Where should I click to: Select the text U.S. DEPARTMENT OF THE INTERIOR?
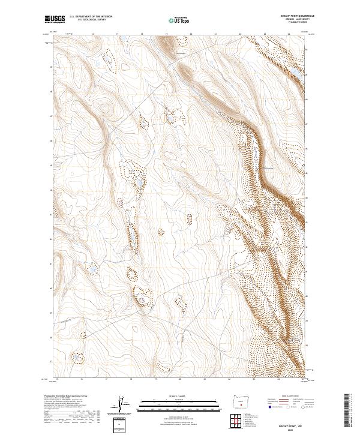[x=91, y=17]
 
